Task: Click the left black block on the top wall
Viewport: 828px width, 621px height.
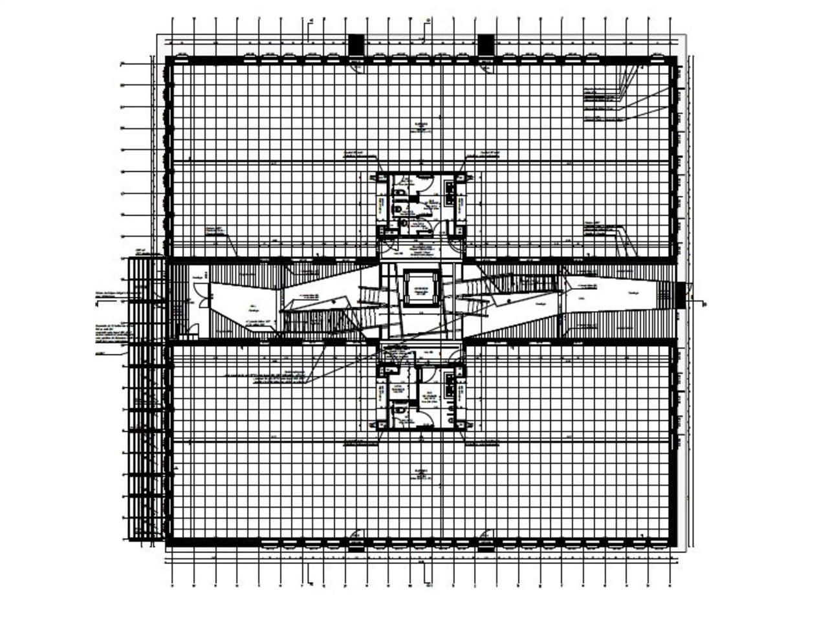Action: point(356,45)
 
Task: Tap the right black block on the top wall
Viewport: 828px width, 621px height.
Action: point(485,45)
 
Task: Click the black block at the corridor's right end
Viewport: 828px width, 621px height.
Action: point(681,296)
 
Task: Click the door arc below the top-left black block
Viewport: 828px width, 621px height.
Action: point(356,63)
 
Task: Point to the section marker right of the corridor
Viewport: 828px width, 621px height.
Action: point(701,302)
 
